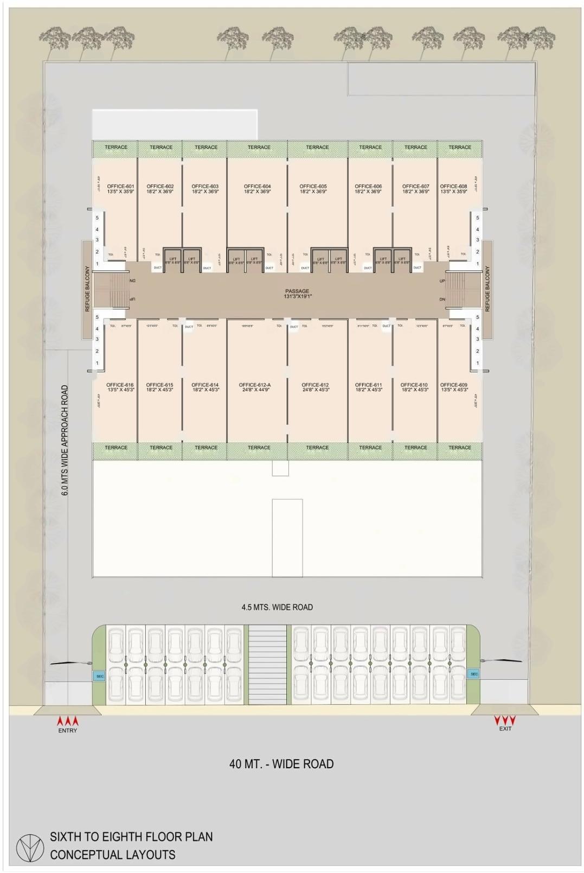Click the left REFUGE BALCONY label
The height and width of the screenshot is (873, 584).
(x=87, y=289)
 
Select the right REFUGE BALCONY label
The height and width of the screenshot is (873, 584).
(x=487, y=289)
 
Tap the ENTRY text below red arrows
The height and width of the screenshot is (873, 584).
(x=68, y=730)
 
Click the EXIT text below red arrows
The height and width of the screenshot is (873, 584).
(x=505, y=729)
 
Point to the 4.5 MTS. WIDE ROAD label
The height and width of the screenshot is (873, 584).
(x=277, y=607)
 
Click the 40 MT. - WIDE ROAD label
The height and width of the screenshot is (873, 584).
(x=281, y=764)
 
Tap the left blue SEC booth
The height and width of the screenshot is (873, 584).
(x=100, y=676)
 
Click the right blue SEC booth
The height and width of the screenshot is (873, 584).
(x=474, y=674)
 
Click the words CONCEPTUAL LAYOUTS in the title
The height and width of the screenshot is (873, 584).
(x=113, y=855)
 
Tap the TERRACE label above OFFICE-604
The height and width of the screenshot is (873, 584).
(x=259, y=147)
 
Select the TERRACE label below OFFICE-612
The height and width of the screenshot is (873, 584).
(x=317, y=448)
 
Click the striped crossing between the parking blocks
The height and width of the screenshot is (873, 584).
(x=267, y=665)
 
